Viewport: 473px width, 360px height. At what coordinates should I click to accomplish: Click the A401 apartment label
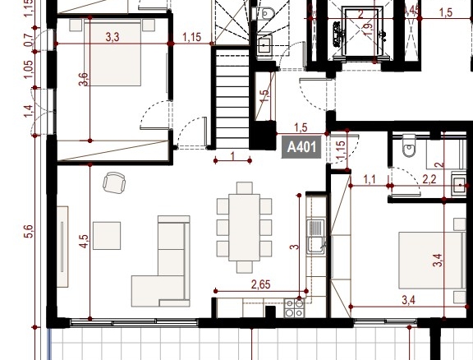tap(301, 147)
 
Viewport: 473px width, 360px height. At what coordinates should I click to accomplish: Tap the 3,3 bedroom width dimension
tap(113, 37)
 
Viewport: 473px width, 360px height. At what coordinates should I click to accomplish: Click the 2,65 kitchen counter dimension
tap(260, 284)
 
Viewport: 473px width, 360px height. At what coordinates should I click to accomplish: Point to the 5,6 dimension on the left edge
tap(30, 231)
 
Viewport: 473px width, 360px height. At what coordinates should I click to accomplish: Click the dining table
tap(245, 228)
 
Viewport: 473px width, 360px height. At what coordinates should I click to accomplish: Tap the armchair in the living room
tap(114, 182)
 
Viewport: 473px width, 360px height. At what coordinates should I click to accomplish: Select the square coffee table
tap(107, 236)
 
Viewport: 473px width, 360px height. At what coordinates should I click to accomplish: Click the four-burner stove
tap(294, 308)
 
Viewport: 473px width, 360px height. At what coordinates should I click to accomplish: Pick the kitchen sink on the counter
tap(315, 237)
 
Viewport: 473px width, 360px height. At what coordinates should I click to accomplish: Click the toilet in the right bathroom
tap(409, 146)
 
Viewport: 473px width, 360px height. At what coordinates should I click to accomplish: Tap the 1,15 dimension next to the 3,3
tap(192, 37)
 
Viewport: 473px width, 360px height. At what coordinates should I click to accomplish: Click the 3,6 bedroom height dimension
tap(84, 79)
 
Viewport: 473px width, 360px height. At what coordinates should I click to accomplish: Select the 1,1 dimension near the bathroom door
tap(370, 180)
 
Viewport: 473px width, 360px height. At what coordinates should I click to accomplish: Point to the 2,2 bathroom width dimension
tap(429, 180)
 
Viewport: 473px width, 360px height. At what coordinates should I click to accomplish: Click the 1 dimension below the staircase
tap(232, 156)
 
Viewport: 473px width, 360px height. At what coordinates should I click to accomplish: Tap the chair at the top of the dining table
tap(245, 188)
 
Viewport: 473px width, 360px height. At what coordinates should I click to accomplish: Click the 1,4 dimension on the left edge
tap(29, 111)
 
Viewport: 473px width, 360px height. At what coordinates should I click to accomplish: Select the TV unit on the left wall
tap(62, 247)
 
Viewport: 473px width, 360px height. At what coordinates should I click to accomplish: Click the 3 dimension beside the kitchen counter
tap(295, 247)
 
